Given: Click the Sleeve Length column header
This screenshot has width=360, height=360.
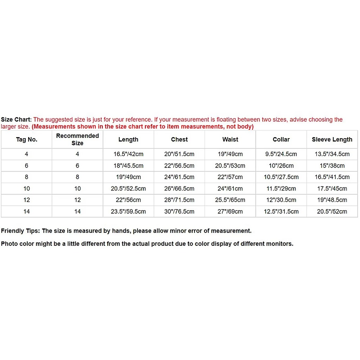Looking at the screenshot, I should [332, 140].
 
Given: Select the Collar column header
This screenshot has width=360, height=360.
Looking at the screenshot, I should [281, 140].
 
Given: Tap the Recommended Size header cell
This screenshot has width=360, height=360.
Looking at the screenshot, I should [77, 140].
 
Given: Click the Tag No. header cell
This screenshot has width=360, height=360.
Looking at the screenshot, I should [26, 140].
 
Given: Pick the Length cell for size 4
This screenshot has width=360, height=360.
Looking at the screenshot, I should [128, 154].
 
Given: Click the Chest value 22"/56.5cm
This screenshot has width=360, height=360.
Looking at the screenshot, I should [179, 166].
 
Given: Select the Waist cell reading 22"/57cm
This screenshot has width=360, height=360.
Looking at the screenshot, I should [230, 177].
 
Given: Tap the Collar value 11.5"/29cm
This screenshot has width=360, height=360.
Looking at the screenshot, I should [281, 188].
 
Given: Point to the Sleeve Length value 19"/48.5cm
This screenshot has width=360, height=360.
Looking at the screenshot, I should [332, 200].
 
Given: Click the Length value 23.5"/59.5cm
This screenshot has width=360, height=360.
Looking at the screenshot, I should [128, 211].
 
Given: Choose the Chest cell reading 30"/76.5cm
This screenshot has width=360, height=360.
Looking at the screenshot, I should [179, 211].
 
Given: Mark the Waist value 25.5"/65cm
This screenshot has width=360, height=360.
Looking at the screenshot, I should [230, 200].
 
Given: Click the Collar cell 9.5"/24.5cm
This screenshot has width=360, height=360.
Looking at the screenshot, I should [281, 154].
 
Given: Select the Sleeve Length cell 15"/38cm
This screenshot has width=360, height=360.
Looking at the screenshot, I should [332, 166].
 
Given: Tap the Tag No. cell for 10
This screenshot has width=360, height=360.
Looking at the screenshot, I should [26, 188].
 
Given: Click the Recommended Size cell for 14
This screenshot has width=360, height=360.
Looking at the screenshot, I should [77, 211].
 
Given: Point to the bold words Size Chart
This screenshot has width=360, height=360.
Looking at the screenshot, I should [16, 120].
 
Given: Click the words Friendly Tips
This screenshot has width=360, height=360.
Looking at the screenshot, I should [20, 231].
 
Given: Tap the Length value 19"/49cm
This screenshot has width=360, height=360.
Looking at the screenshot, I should [128, 177].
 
